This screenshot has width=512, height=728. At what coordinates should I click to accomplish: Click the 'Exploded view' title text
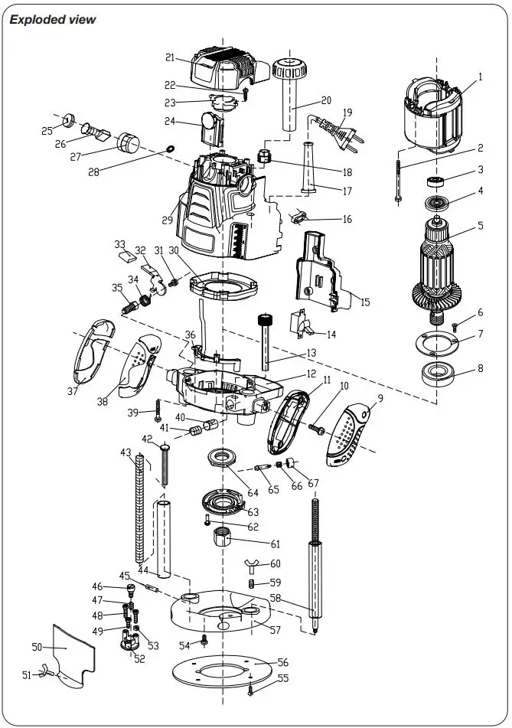(53, 19)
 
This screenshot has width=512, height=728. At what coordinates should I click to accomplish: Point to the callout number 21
(170, 57)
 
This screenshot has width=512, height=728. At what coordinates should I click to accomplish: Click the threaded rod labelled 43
(141, 505)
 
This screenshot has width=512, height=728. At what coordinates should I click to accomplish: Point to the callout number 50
(36, 647)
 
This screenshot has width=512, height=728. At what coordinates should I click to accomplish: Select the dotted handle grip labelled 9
(349, 437)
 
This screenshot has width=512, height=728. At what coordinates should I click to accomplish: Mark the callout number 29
(168, 220)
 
